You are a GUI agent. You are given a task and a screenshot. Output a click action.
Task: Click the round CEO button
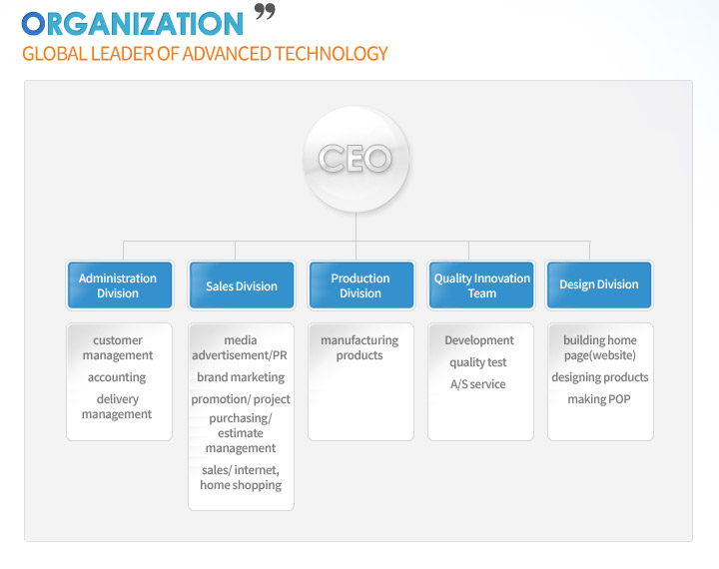356,159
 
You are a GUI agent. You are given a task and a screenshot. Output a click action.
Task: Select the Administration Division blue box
120,285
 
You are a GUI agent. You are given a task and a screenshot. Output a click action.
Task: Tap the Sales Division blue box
242,285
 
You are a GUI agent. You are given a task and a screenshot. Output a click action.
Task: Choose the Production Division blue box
361,285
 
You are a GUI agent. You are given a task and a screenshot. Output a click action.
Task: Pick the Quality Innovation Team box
481,285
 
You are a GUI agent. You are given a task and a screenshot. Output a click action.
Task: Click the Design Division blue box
599,285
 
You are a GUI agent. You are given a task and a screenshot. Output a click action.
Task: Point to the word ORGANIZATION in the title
133,24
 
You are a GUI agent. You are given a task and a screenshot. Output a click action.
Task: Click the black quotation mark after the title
265,11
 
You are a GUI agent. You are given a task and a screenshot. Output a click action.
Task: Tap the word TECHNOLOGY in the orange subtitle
332,54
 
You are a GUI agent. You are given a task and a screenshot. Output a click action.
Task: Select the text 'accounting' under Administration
117,377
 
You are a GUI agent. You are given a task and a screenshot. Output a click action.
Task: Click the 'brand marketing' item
241,377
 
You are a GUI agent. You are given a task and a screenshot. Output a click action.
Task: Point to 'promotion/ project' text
241,399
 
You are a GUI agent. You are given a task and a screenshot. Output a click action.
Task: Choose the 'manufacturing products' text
359,347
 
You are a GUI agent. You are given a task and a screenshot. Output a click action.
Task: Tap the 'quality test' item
478,362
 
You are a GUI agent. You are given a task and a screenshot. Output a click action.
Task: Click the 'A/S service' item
478,384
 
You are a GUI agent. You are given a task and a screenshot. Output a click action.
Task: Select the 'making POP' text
599,399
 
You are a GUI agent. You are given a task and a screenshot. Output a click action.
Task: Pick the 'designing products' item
600,377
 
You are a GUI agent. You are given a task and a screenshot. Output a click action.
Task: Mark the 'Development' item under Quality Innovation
479,340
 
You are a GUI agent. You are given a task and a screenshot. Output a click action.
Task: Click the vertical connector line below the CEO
356,237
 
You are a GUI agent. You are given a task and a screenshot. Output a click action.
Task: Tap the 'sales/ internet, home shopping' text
241,477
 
